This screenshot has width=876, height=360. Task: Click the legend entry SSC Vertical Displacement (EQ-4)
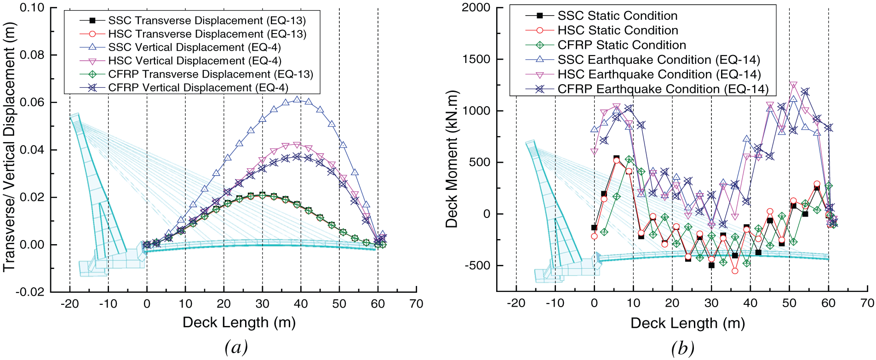point(194,47)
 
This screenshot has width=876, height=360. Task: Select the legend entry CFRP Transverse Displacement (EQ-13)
point(211,74)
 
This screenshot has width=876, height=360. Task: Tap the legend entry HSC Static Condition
point(618,30)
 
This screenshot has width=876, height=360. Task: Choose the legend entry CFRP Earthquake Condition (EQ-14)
point(663,89)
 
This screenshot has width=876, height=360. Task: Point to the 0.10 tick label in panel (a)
point(32,8)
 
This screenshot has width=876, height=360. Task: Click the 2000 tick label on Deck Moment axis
point(476,8)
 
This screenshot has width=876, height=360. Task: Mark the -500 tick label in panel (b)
point(478,265)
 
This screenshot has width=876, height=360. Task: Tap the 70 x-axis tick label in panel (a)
point(416,304)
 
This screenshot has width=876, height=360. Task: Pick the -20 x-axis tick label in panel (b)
point(516,303)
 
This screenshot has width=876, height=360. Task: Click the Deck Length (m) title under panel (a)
point(239,322)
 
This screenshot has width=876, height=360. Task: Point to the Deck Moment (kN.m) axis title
point(452,159)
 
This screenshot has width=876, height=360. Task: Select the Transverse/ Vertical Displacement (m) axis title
point(10,147)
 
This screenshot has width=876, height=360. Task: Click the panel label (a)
point(236,347)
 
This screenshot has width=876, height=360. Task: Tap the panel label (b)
point(683,348)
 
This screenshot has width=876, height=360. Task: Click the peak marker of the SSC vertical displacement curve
point(297,99)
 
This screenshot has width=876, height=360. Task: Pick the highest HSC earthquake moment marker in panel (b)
point(793,85)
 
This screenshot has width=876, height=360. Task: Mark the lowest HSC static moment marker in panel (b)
point(735,271)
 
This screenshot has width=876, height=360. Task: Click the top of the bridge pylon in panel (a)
point(75,115)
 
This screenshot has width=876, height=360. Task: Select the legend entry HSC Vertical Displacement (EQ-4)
point(195,61)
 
